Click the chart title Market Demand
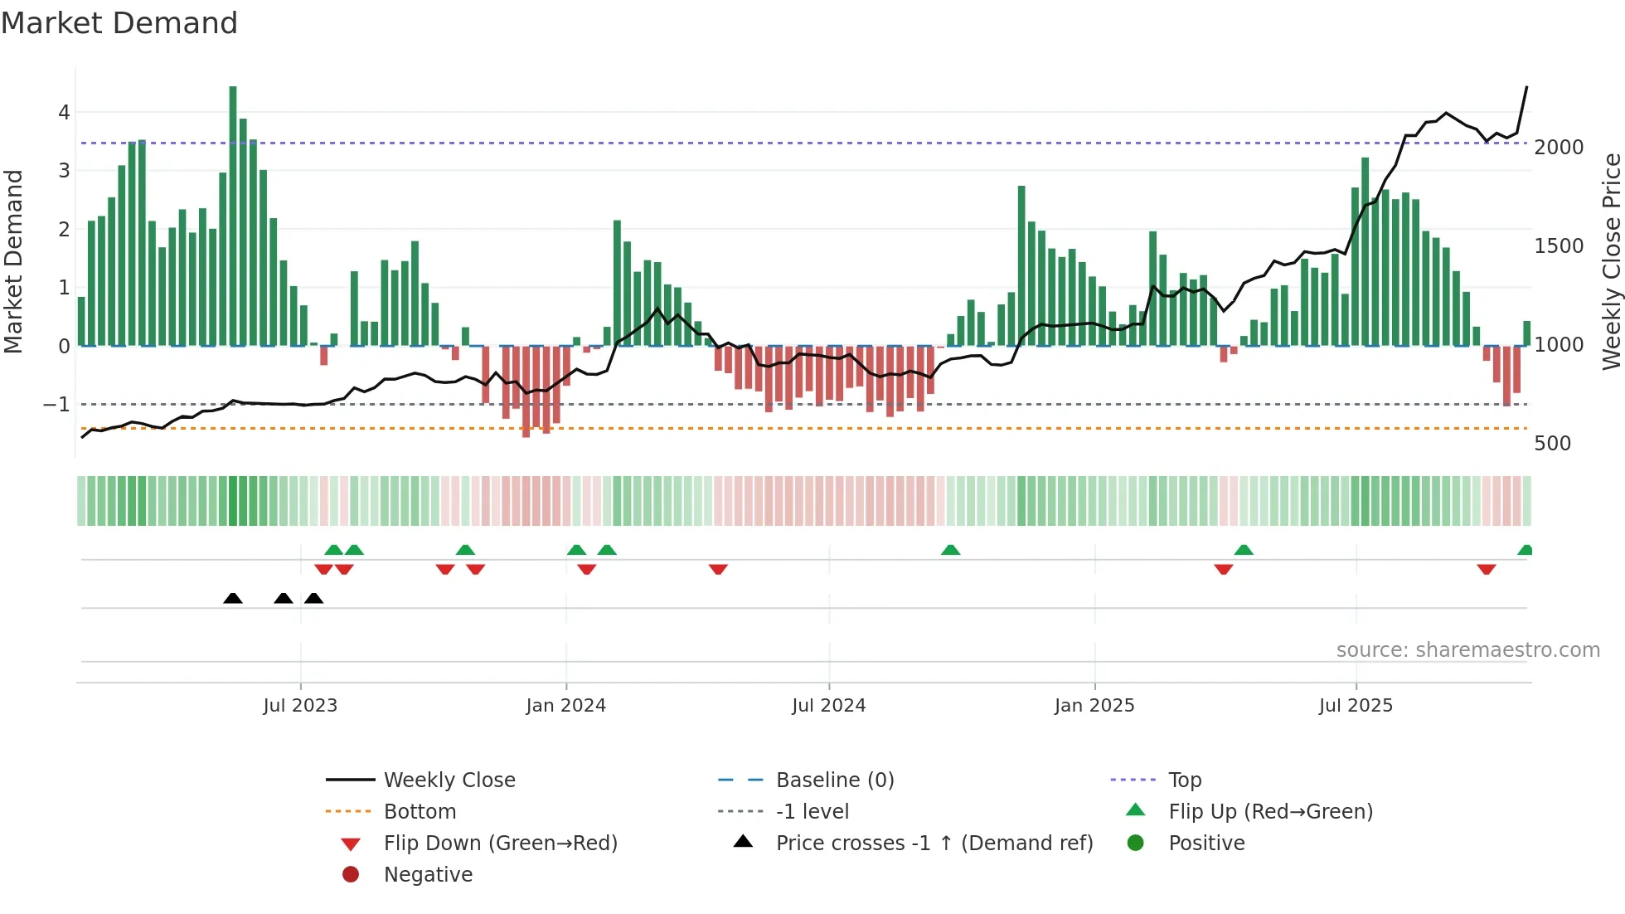point(119,23)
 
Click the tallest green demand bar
point(233,216)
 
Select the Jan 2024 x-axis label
point(565,706)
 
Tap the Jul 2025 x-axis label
point(1356,706)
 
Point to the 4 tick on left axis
point(64,112)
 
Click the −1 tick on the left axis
point(56,405)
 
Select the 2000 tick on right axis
point(1559,148)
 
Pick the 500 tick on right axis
point(1552,444)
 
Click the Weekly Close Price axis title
point(1611,261)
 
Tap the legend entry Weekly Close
point(449,780)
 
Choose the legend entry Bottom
point(420,812)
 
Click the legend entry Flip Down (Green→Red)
point(500,844)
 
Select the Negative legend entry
point(428,875)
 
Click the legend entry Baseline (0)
point(834,780)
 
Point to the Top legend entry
point(1184,780)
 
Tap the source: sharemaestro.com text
point(1467,650)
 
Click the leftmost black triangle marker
point(233,599)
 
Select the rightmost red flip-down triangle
point(1486,569)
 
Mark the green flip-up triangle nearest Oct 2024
point(950,550)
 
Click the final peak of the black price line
point(1526,87)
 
